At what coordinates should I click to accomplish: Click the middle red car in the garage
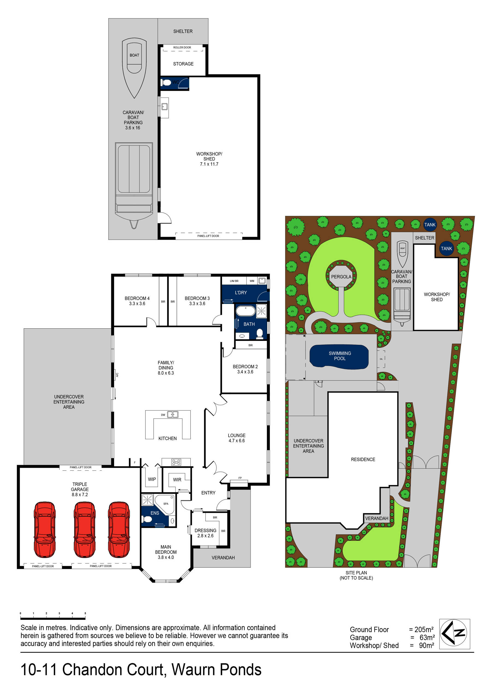click(x=84, y=529)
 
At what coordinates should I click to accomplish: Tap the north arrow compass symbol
click(x=454, y=633)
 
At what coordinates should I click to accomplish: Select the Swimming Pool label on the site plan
click(x=339, y=356)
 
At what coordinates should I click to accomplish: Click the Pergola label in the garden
click(x=341, y=277)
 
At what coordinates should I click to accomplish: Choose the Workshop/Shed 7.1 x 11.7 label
click(x=209, y=159)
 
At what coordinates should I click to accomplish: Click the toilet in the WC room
click(x=166, y=82)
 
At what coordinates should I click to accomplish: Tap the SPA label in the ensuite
click(x=166, y=504)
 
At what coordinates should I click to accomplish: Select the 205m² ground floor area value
click(x=423, y=630)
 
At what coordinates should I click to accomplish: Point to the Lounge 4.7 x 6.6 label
click(x=236, y=438)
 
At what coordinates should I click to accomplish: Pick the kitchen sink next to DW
click(x=173, y=414)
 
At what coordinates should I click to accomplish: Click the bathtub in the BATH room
click(x=245, y=311)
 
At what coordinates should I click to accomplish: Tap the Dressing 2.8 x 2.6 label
click(x=205, y=533)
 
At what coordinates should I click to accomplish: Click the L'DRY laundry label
click(x=241, y=293)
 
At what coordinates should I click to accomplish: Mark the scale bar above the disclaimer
click(x=53, y=618)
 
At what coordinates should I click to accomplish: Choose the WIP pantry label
click(x=152, y=479)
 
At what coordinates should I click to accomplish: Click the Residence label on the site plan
click(x=363, y=460)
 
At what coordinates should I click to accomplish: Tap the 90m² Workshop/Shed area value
click(x=426, y=645)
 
